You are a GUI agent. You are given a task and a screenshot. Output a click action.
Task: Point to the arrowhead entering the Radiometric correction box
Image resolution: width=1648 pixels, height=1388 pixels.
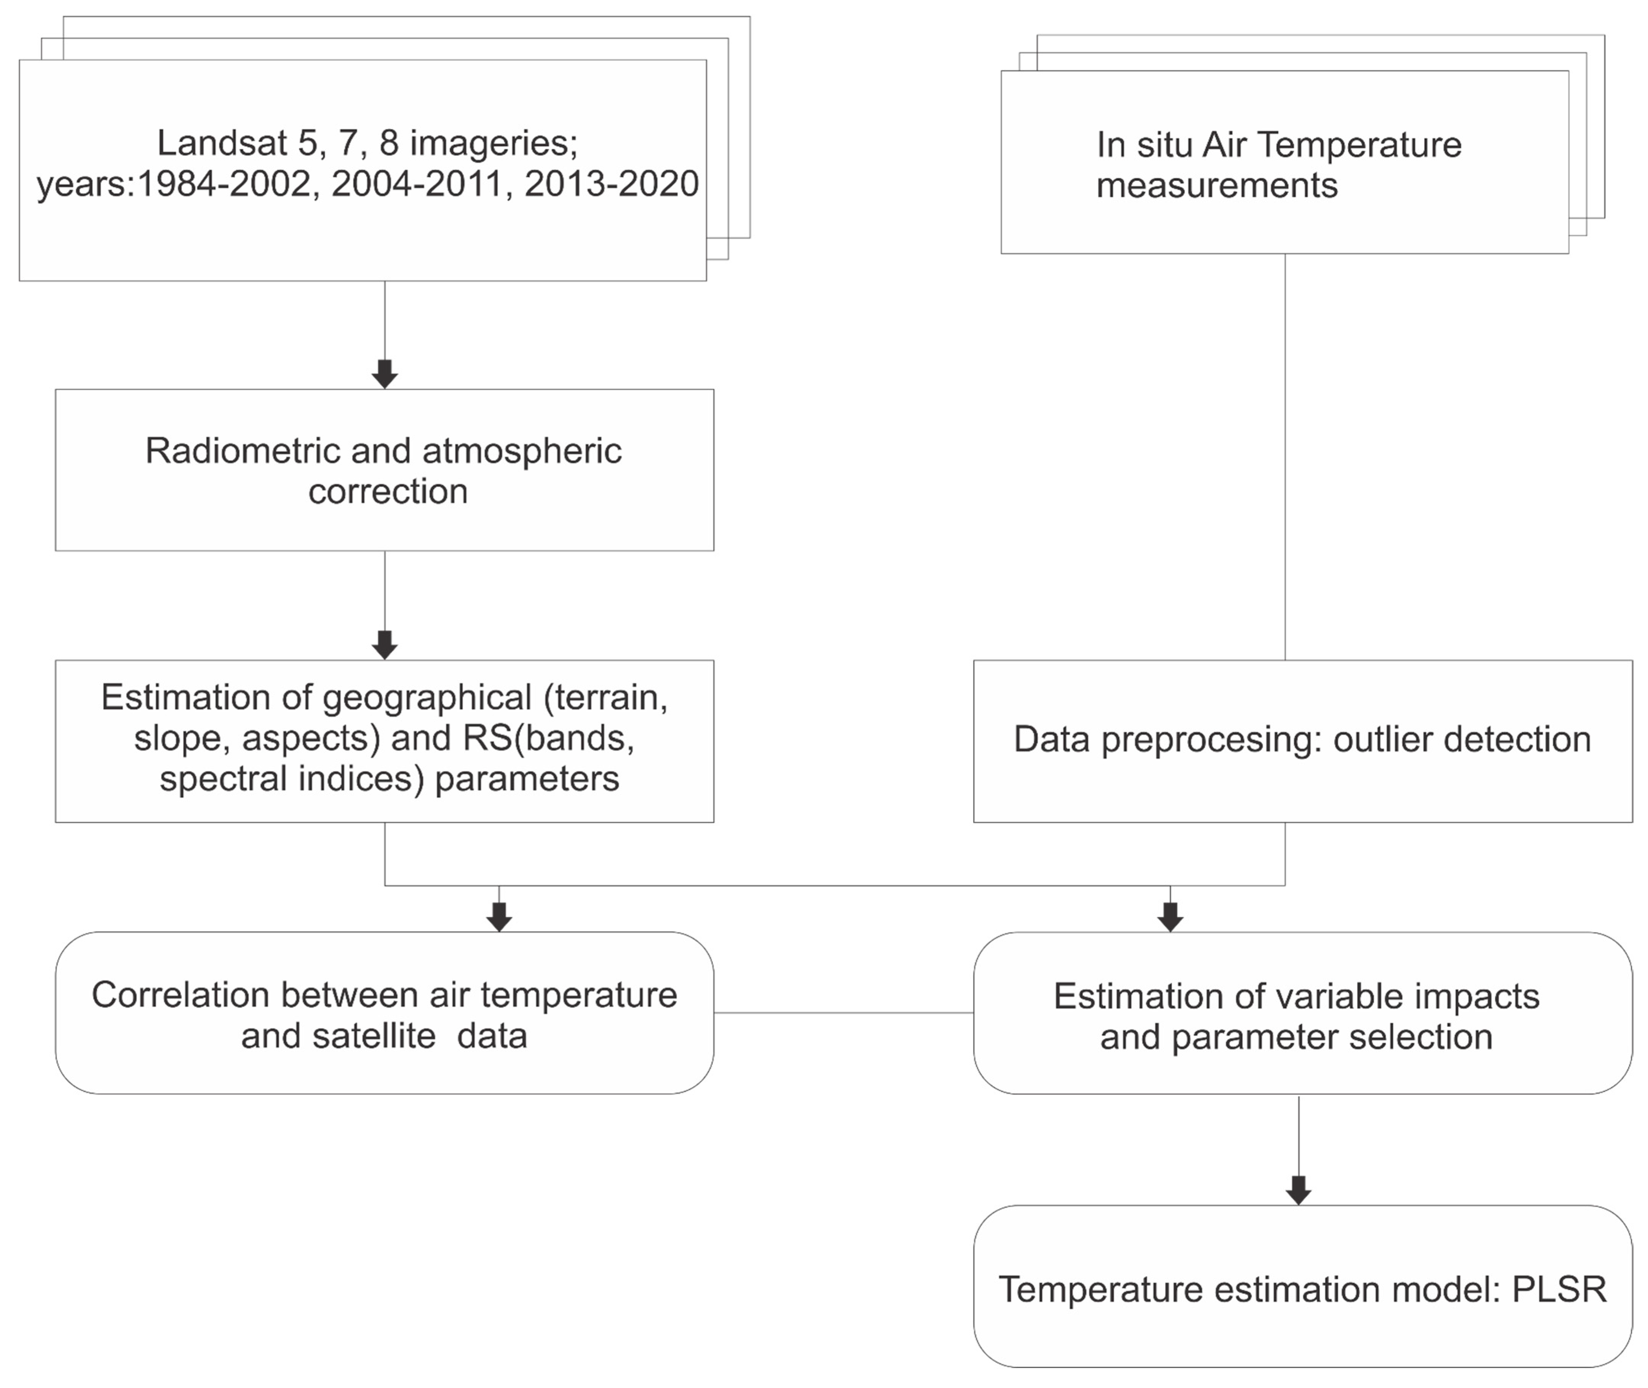coord(385,374)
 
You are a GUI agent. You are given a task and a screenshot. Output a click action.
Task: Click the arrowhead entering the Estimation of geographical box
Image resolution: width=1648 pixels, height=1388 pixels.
coord(385,645)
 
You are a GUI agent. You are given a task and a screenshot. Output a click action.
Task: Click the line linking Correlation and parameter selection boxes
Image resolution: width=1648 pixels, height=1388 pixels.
coord(843,1013)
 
